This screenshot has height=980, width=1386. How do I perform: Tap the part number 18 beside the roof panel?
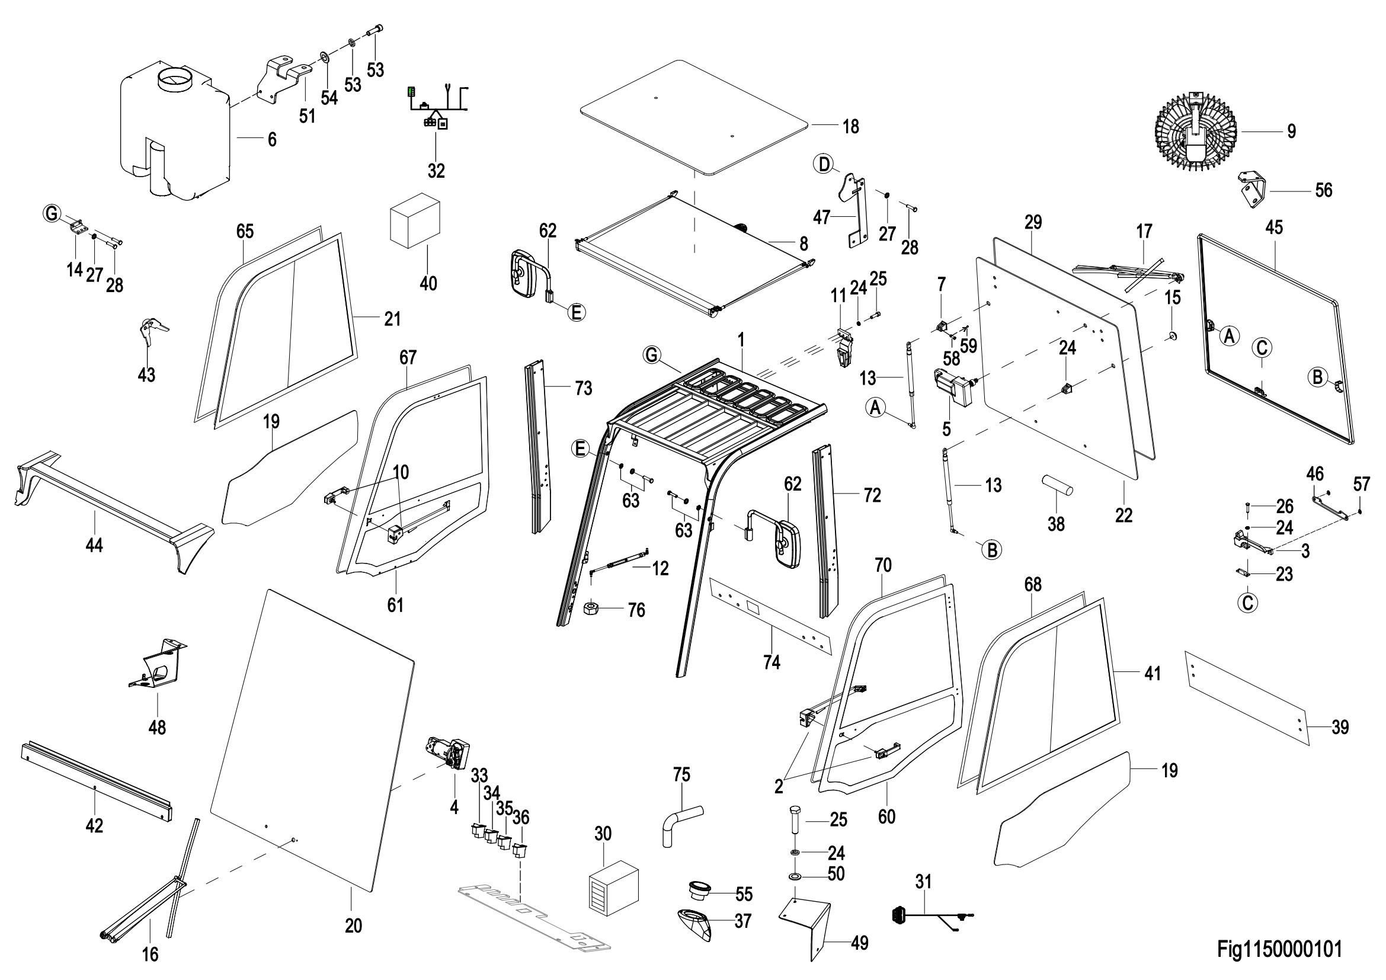(x=850, y=127)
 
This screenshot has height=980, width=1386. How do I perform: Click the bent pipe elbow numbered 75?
(x=681, y=825)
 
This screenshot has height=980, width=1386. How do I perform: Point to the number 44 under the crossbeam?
(x=94, y=546)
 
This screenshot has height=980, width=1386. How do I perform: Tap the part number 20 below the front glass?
(x=353, y=925)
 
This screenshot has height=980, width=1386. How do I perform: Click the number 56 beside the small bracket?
(x=1323, y=191)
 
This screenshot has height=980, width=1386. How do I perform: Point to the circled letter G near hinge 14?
(x=53, y=213)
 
